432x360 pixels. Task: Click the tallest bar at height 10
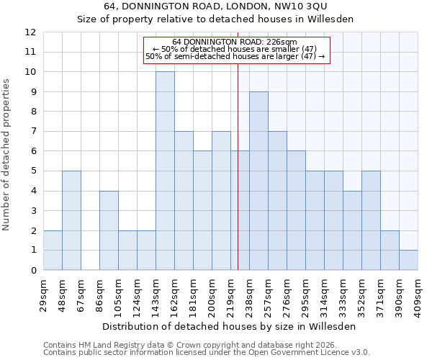[x=165, y=171]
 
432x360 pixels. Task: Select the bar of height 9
[x=258, y=181]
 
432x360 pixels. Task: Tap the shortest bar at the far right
[x=408, y=260]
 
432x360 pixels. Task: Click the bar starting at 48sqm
[x=71, y=220]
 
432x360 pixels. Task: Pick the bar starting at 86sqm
[x=109, y=230]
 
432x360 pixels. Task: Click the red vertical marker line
[x=238, y=166]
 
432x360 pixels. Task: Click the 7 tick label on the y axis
[x=33, y=132]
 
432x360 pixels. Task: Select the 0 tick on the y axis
[x=33, y=271]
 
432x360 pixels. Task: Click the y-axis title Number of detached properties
[x=7, y=155]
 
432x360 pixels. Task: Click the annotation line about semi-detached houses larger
[x=235, y=56]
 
